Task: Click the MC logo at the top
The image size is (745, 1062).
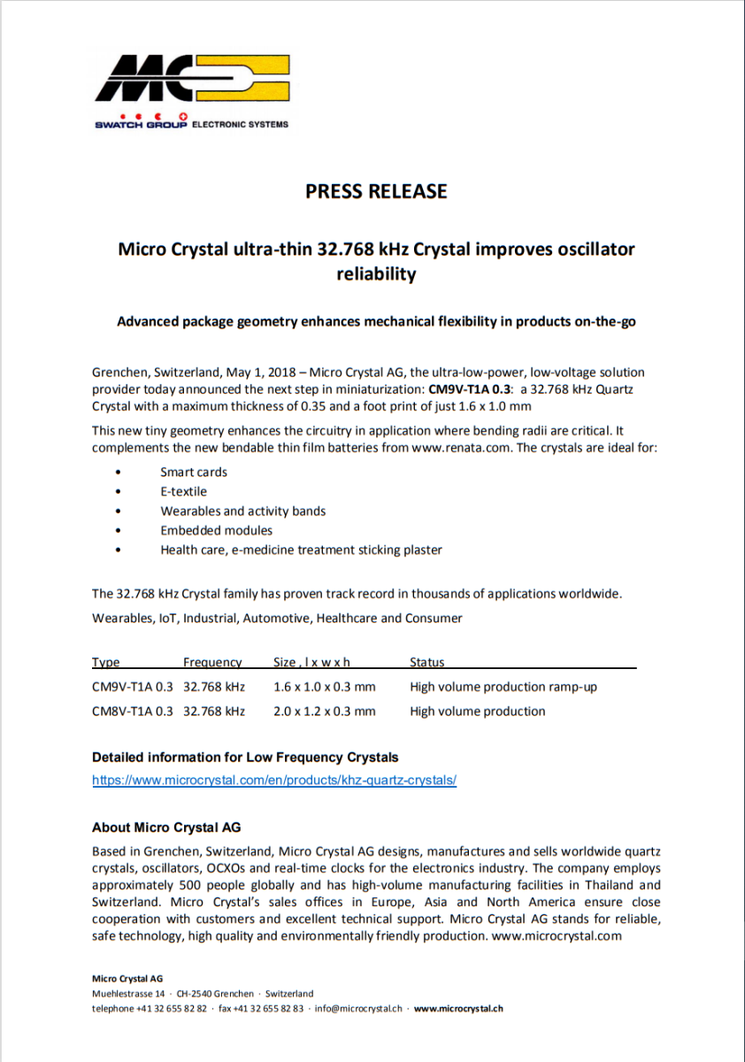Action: (x=192, y=80)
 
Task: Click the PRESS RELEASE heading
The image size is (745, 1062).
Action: (x=376, y=191)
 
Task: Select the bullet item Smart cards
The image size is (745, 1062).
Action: (x=194, y=472)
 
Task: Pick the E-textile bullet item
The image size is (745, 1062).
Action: (x=183, y=491)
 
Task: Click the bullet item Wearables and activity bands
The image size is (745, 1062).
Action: (x=242, y=511)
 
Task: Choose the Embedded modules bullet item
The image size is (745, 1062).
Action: (x=216, y=530)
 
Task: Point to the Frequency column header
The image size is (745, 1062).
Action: (x=212, y=662)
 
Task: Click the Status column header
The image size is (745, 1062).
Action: (x=427, y=662)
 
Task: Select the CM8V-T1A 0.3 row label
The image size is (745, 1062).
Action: (x=133, y=711)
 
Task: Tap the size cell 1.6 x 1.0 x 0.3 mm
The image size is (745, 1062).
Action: (x=325, y=687)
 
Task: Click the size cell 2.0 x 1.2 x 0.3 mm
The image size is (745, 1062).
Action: (x=325, y=711)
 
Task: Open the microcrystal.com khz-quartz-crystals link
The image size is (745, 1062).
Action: (x=274, y=781)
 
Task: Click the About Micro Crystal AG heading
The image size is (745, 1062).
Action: (x=166, y=827)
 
